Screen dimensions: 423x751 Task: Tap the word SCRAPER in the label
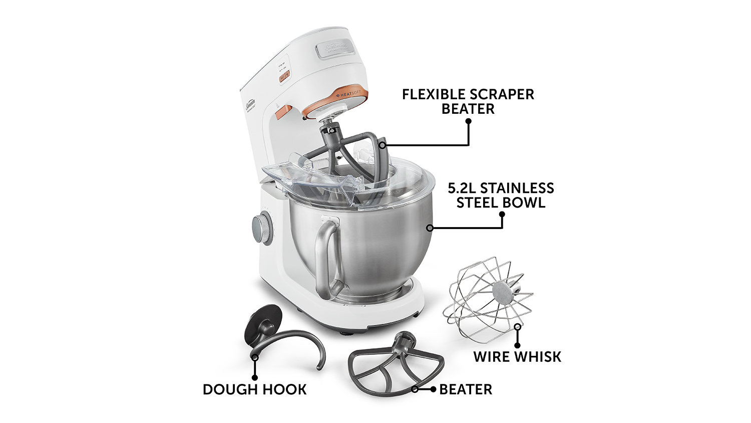click(502, 94)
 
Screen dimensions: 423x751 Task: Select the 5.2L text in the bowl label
click(462, 188)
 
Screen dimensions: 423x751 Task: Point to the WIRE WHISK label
click(517, 357)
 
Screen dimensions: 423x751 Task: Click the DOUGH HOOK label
click(254, 389)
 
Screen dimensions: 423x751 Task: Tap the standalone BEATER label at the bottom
click(466, 389)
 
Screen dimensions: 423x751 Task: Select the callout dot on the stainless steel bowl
click(430, 228)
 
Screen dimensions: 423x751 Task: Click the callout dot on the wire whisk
click(517, 327)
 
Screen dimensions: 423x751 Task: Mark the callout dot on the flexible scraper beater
click(382, 145)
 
